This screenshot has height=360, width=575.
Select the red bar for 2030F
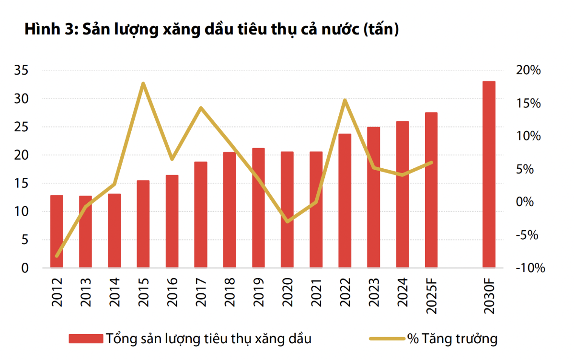click(x=489, y=174)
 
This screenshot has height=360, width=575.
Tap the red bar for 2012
click(x=57, y=232)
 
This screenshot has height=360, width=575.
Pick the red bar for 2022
click(x=345, y=201)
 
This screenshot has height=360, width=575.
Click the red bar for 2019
click(x=258, y=208)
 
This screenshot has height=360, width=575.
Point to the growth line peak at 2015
click(x=143, y=83)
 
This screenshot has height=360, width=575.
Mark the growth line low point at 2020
click(x=287, y=222)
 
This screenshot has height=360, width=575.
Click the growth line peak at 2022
click(x=345, y=100)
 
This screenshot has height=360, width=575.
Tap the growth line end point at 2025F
click(x=431, y=163)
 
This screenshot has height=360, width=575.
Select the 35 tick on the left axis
click(x=23, y=71)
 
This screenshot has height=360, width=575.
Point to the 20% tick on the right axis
click(x=528, y=71)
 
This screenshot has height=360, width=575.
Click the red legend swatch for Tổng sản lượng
click(x=86, y=339)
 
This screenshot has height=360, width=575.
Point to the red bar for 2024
click(x=402, y=195)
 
